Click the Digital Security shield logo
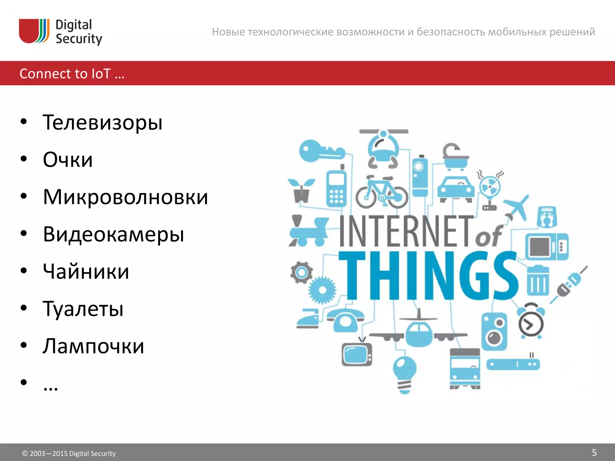(34, 31)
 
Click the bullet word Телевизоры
(102, 122)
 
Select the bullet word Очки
(68, 160)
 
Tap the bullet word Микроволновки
(125, 197)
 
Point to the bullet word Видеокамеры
(113, 234)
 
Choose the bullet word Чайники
(86, 272)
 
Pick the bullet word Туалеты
(83, 309)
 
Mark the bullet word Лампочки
(93, 346)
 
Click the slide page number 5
(594, 453)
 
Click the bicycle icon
(382, 192)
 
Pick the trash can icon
(538, 281)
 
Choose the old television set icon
(357, 354)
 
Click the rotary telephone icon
(345, 320)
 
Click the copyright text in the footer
(69, 453)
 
